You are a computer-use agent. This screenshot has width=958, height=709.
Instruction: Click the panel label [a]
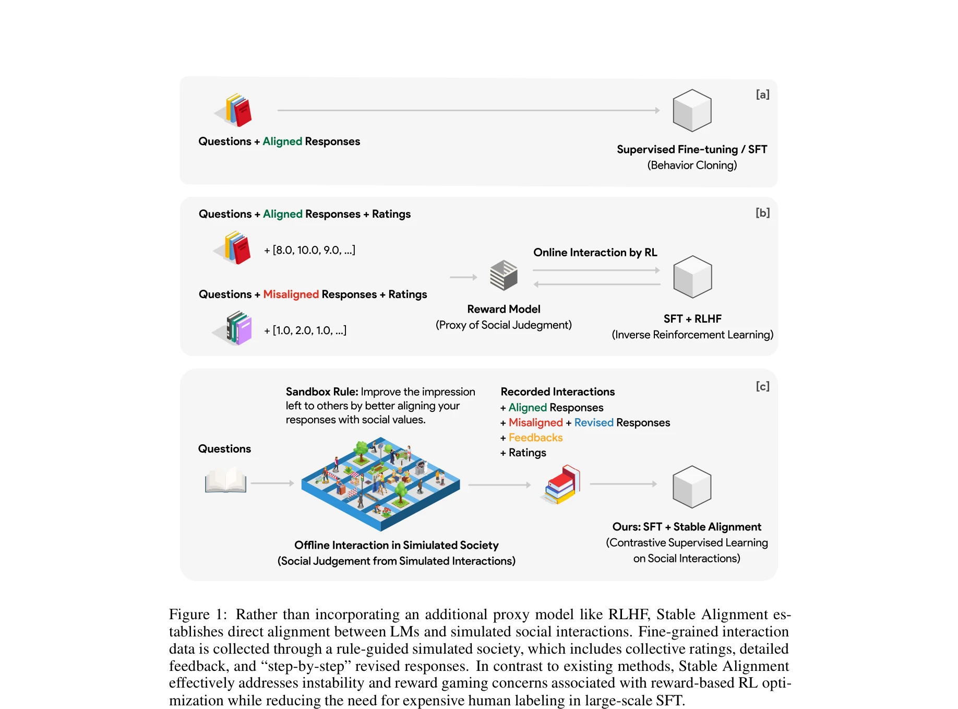[762, 94]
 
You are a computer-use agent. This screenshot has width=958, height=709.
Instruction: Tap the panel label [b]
[762, 212]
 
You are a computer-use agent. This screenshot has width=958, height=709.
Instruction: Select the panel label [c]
[762, 386]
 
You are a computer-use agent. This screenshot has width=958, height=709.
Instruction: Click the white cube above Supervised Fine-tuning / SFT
[692, 110]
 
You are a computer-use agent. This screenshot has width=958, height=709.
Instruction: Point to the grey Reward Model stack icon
[504, 275]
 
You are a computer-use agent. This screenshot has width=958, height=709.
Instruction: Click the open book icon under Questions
[225, 480]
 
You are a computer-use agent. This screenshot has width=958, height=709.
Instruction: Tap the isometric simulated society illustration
[380, 483]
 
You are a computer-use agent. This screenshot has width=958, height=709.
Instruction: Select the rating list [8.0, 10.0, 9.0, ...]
[310, 250]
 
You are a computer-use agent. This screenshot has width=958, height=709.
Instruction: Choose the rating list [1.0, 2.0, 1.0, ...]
[306, 330]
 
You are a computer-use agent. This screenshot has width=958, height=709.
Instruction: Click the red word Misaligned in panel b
[291, 294]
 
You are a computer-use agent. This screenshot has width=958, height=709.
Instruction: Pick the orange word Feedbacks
[535, 438]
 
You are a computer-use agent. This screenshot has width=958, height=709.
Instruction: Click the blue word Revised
[594, 422]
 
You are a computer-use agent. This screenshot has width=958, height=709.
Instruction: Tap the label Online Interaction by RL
[595, 253]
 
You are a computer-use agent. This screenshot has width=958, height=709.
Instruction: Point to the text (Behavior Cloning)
[692, 165]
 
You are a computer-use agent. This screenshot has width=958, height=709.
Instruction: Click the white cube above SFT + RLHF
[692, 277]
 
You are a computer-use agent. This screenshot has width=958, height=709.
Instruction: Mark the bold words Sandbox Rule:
[321, 392]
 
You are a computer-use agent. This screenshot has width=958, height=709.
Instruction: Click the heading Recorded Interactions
[557, 392]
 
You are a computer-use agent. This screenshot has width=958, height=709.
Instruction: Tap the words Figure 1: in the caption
[198, 615]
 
